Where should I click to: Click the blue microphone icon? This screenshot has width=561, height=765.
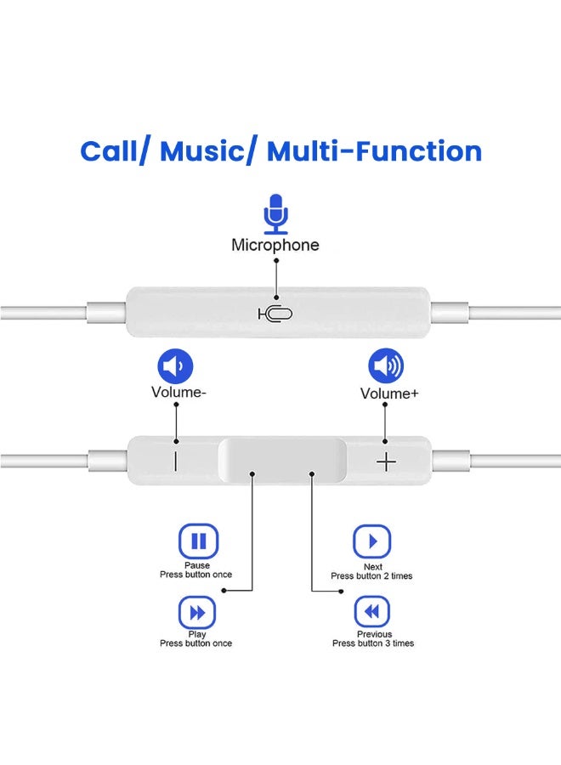pyautogui.click(x=276, y=214)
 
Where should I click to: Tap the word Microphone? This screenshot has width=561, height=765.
pyautogui.click(x=275, y=245)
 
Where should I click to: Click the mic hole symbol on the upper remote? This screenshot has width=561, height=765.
pyautogui.click(x=275, y=314)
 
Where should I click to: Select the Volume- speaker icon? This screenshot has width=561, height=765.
pyautogui.click(x=175, y=365)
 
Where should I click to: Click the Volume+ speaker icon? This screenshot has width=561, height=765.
pyautogui.click(x=386, y=365)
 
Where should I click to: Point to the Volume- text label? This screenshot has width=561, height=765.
pyautogui.click(x=178, y=392)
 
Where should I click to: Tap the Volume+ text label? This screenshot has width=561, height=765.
pyautogui.click(x=389, y=394)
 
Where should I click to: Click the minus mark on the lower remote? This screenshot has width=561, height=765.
pyautogui.click(x=175, y=461)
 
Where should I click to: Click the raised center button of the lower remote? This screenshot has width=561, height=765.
pyautogui.click(x=282, y=460)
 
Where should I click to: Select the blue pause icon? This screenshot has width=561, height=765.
pyautogui.click(x=198, y=541)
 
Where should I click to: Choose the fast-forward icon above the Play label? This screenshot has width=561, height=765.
pyautogui.click(x=197, y=613)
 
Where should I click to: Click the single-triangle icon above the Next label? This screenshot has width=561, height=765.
pyautogui.click(x=371, y=541)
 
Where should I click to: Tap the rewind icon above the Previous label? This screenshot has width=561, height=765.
pyautogui.click(x=371, y=611)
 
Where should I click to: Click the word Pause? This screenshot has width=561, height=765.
pyautogui.click(x=197, y=565)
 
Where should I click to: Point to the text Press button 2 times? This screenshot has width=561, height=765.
pyautogui.click(x=371, y=576)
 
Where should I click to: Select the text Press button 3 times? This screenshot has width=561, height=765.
pyautogui.click(x=373, y=643)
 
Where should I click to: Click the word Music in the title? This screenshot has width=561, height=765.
pyautogui.click(x=202, y=151)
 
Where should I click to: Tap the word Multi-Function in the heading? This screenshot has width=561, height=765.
pyautogui.click(x=374, y=151)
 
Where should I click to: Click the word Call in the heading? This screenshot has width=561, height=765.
pyautogui.click(x=109, y=151)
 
